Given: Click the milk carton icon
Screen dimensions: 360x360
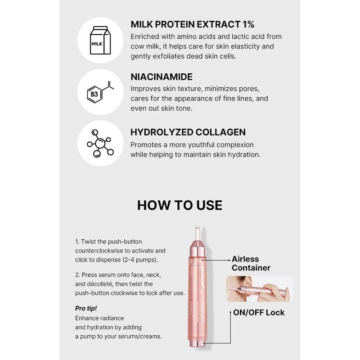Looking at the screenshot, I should click(100, 40).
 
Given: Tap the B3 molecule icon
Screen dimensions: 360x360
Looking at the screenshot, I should click(100, 92).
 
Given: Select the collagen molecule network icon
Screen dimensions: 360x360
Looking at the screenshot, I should click(100, 144).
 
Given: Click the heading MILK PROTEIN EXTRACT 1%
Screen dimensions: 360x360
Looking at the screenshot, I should click(193, 24).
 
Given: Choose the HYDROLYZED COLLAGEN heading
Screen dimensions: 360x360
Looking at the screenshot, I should click(188, 132).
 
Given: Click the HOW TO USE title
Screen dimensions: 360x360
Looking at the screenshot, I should click(180, 205).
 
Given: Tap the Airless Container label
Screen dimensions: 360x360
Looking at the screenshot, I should click(251, 263).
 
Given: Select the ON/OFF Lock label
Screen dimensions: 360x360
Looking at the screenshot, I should click(258, 312).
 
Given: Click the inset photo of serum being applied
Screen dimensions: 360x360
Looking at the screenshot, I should click(260, 288).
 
